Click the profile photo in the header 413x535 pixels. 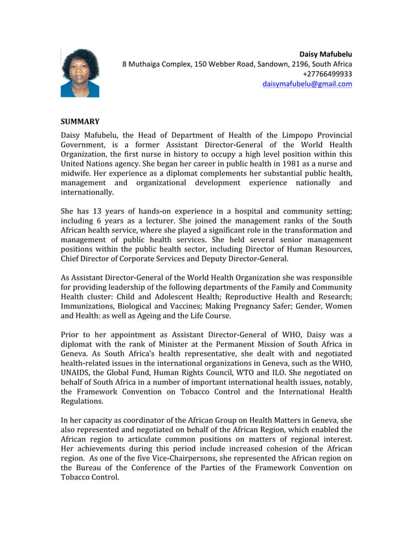[x=80, y=73]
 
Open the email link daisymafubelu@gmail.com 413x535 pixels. [x=307, y=84]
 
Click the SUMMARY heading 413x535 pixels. [x=80, y=121]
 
